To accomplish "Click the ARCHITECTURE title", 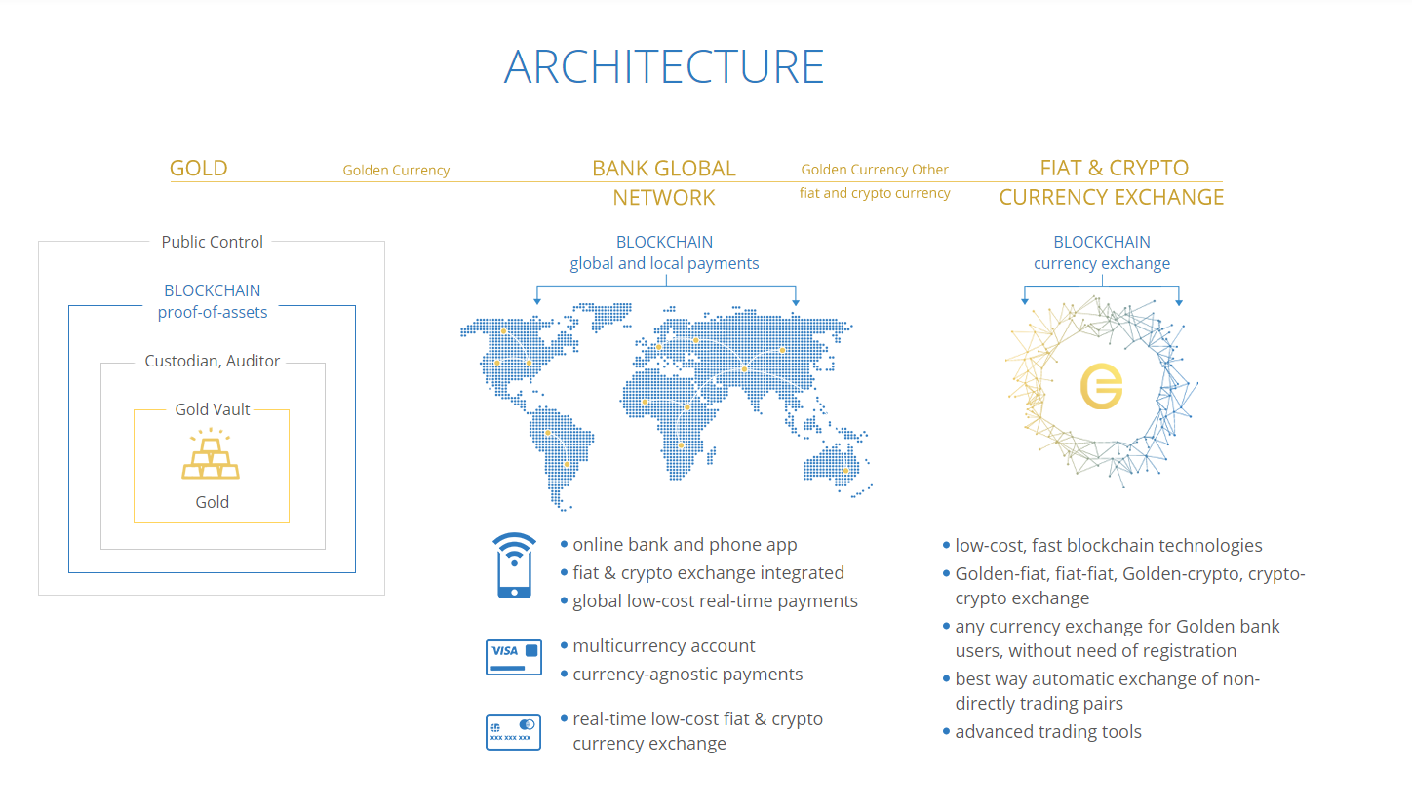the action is click(664, 66).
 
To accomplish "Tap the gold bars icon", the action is click(211, 454).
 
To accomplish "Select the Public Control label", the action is click(212, 242).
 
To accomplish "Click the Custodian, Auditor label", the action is click(212, 361).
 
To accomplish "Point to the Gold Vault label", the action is click(212, 409).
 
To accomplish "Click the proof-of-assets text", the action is click(213, 312).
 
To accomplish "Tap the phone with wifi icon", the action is click(514, 565).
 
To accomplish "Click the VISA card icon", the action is click(514, 658).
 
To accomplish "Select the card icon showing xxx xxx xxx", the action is click(513, 732).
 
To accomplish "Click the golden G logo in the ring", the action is click(1101, 386).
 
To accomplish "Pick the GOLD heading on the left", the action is click(199, 169).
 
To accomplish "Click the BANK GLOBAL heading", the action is click(664, 169).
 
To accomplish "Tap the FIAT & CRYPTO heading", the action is click(1114, 168).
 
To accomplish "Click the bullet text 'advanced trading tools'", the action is click(1048, 732).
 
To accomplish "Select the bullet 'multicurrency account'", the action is click(664, 646).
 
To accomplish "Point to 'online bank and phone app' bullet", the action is click(685, 544).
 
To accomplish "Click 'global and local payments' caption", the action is click(664, 263).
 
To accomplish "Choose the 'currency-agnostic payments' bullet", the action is click(687, 675).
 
